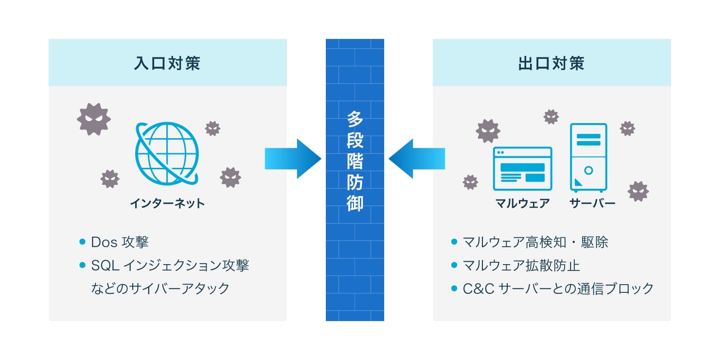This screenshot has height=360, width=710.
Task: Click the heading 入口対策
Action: [167, 64]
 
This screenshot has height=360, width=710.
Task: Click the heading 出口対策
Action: [551, 64]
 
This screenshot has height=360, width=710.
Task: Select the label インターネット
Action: [167, 203]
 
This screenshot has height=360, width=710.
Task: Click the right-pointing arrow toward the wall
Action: [292, 159]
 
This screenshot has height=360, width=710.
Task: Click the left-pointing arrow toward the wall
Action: [417, 159]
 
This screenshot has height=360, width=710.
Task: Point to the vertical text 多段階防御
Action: [355, 161]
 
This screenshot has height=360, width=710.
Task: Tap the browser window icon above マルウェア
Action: [522, 168]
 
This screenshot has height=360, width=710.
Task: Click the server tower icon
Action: [588, 157]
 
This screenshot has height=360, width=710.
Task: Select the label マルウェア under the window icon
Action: [522, 203]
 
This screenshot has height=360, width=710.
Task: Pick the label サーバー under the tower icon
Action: [592, 203]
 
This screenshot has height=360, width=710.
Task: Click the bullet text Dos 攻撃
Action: [120, 242]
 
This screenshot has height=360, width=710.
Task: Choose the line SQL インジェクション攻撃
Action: [170, 266]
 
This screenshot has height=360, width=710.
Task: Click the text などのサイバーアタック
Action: [160, 288]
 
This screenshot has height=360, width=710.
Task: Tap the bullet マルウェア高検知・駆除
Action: [535, 242]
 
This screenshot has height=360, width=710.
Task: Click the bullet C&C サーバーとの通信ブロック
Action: [558, 288]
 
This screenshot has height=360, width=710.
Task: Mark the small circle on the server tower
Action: [588, 171]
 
